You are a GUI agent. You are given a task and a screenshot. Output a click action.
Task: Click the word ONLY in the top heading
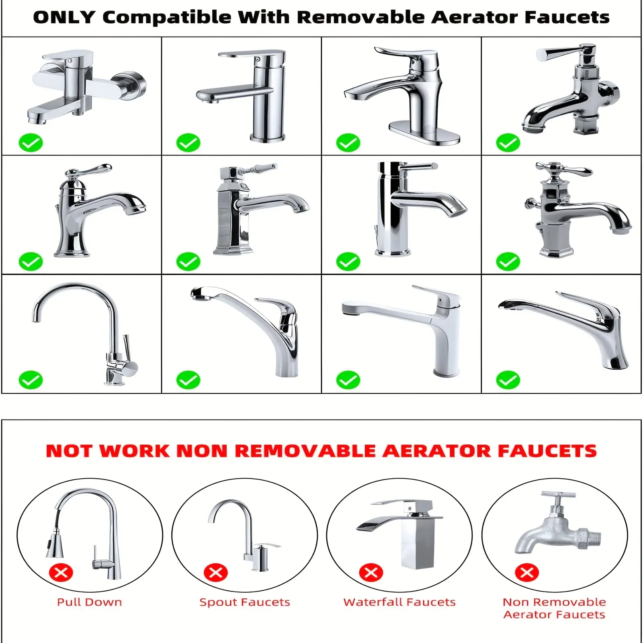(65, 17)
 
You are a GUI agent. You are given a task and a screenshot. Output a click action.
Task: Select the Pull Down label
(90, 602)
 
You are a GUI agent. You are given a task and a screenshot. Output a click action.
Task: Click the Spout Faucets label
(245, 602)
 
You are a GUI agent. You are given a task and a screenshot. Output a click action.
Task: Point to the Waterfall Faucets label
(399, 602)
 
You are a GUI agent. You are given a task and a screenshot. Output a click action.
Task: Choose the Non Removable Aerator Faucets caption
(554, 608)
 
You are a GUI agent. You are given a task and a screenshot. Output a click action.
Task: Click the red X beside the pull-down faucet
(61, 572)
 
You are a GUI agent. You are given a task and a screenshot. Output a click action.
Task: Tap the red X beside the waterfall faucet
(371, 572)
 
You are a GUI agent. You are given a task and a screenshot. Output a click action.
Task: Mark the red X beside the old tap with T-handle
(527, 572)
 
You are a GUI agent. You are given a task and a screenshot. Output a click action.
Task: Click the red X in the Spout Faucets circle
(216, 572)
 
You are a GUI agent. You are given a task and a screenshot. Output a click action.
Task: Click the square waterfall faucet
(402, 534)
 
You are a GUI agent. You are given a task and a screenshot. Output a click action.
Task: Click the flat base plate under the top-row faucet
(424, 133)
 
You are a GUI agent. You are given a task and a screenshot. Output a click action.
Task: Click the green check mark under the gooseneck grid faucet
(31, 380)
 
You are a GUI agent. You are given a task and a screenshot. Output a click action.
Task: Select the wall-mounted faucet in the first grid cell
(86, 86)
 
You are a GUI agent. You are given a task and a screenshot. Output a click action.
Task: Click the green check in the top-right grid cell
(508, 143)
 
